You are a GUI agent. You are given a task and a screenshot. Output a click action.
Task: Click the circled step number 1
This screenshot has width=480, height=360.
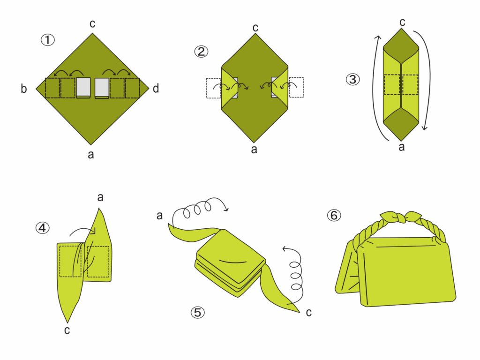pyautogui.click(x=48, y=40)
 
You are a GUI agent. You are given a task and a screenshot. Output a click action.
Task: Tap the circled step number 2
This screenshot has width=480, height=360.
pyautogui.click(x=201, y=51)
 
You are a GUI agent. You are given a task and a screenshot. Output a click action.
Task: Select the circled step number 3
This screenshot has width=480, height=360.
pyautogui.click(x=352, y=79)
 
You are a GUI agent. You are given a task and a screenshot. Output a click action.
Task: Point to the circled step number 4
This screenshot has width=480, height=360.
pyautogui.click(x=43, y=228)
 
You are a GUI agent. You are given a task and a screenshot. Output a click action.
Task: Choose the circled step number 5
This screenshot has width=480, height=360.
pyautogui.click(x=197, y=312)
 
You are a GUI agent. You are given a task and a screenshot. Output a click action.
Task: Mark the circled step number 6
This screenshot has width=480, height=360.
pyautogui.click(x=334, y=215)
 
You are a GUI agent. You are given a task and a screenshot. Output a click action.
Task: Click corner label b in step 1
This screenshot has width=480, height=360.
pyautogui.click(x=24, y=89)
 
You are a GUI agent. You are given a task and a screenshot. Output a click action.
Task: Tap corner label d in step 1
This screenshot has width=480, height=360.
pyautogui.click(x=156, y=89)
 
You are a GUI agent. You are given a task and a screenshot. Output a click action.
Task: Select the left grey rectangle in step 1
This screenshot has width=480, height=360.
pyautogui.click(x=83, y=88)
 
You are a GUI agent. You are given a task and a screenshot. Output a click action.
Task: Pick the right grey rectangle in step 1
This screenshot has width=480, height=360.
pyautogui.click(x=102, y=88)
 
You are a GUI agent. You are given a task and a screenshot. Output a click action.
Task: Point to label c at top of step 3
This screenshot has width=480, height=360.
pyautogui.click(x=402, y=22)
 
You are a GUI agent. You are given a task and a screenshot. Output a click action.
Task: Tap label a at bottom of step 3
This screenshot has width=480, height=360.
pyautogui.click(x=402, y=147)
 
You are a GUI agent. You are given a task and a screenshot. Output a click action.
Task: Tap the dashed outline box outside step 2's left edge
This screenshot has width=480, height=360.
pyautogui.click(x=213, y=88)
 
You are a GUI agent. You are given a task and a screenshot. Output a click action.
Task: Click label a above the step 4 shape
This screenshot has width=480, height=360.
pyautogui.click(x=100, y=197)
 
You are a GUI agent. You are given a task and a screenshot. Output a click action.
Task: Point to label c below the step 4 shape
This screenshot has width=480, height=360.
pyautogui.click(x=67, y=330)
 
